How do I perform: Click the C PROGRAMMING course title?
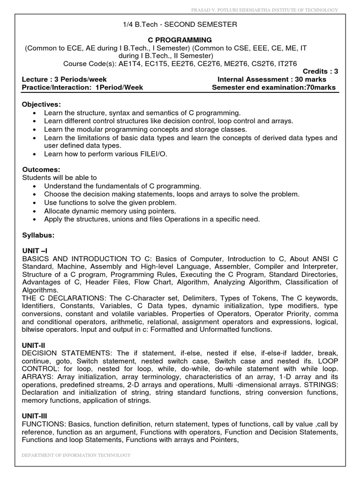[180, 40]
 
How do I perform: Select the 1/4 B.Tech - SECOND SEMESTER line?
[180, 25]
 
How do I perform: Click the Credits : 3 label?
[320, 72]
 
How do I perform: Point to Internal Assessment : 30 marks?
[272, 80]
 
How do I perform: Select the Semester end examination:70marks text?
[274, 88]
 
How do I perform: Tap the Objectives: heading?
[42, 104]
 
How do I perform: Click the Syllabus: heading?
[38, 234]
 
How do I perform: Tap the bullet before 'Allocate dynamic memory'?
[36, 210]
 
